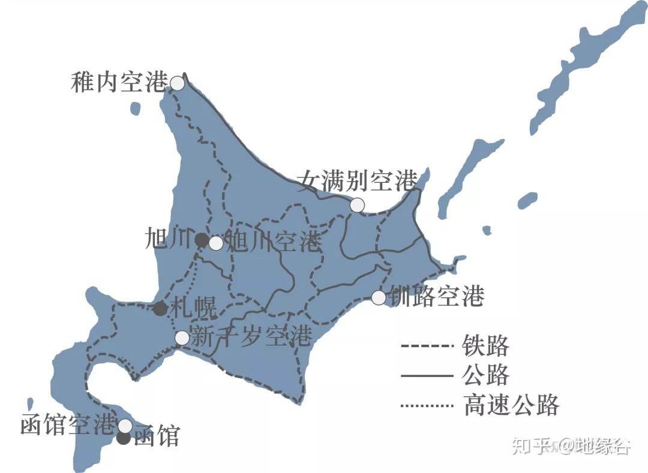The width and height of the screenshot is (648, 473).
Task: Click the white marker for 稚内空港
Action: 177,83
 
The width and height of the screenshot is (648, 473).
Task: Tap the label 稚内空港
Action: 118,82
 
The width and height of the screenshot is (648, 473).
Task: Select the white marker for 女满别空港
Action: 357,204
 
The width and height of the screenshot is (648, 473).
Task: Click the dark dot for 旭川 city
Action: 202,240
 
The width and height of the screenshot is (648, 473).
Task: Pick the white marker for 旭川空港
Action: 215,243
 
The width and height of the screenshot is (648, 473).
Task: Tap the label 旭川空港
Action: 275,242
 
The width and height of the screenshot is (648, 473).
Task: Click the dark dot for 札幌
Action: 160,309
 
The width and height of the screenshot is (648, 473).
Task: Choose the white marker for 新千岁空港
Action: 182,338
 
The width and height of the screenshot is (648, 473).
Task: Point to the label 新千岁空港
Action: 251,336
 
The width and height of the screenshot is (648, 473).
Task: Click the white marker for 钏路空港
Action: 379,297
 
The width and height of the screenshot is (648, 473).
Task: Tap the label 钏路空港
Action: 437,296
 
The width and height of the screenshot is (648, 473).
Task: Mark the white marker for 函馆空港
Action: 125,426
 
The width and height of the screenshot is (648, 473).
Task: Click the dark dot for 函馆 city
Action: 124,438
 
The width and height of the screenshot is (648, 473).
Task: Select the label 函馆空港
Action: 67,424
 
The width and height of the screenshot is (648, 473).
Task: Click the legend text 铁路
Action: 485,346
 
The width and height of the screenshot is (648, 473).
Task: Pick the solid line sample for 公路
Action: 427,376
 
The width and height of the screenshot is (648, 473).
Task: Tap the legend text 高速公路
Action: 511,405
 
